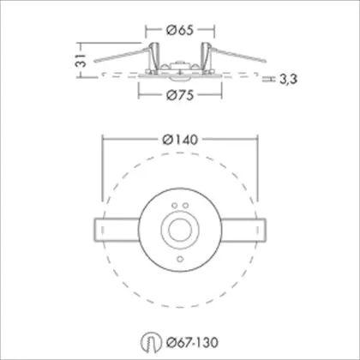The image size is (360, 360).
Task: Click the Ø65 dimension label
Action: (180, 30)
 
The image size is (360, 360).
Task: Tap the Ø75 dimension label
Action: (180, 95)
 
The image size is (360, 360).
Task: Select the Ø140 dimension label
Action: (180, 140)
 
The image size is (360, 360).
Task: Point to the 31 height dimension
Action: (81, 60)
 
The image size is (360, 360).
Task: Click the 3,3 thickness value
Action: (288, 80)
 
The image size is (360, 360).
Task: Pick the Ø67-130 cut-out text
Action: (193, 342)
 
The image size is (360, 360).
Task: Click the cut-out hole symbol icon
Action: (151, 342)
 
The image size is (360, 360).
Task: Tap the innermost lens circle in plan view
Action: (180, 231)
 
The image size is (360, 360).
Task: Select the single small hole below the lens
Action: (180, 259)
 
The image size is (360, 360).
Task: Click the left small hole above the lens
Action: (174, 206)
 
